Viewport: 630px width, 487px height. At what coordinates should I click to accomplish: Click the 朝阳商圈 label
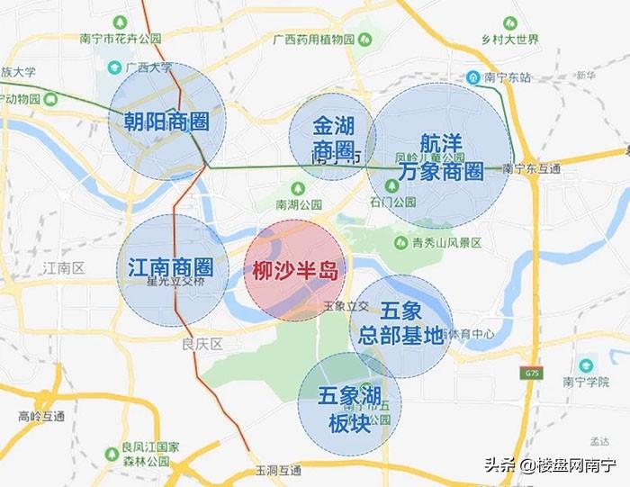(166, 121)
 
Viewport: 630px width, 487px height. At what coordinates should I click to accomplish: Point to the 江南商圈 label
(171, 266)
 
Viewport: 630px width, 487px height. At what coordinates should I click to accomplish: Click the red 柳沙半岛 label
(294, 269)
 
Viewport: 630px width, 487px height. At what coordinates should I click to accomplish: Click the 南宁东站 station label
(499, 76)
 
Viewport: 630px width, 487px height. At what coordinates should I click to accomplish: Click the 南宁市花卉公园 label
(121, 39)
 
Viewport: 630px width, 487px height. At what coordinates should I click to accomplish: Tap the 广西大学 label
(148, 68)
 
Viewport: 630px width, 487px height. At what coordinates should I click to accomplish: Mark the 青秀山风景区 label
(446, 242)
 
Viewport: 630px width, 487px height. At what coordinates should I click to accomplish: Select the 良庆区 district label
(201, 344)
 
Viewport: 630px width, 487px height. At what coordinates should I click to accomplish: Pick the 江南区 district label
(63, 268)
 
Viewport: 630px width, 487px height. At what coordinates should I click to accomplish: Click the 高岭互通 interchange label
(41, 416)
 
